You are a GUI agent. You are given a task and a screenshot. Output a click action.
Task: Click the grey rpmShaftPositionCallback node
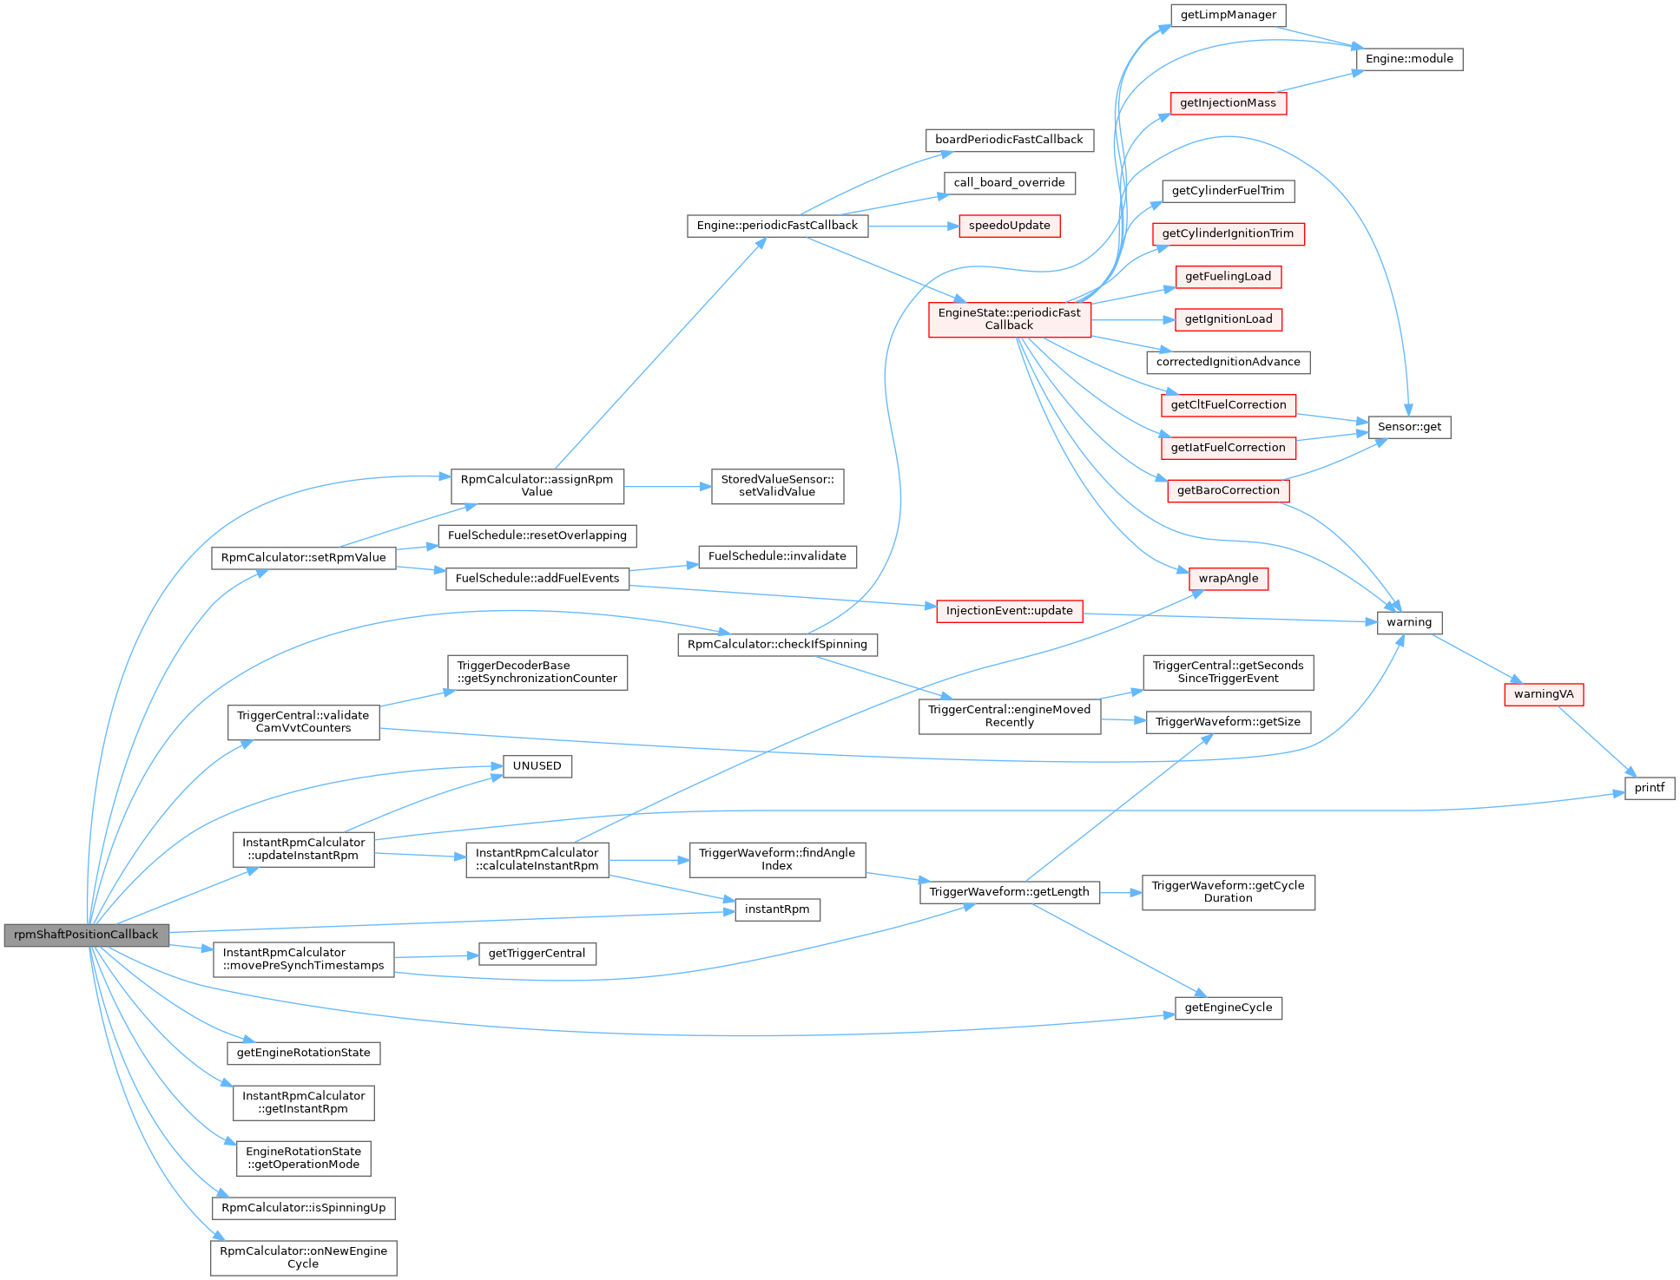click(x=86, y=935)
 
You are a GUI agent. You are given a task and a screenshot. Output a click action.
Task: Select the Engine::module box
click(x=1409, y=59)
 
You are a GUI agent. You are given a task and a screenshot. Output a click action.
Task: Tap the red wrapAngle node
click(x=1228, y=579)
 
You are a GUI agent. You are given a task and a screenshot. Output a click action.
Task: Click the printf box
click(x=1649, y=788)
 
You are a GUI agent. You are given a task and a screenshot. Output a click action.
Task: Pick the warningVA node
click(x=1543, y=694)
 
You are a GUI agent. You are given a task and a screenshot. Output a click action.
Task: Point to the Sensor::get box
click(x=1408, y=427)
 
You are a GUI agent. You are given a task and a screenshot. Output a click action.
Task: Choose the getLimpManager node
click(x=1228, y=15)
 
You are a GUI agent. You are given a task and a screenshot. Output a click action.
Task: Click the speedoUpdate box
click(x=1009, y=226)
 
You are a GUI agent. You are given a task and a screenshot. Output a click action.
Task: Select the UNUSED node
click(x=537, y=766)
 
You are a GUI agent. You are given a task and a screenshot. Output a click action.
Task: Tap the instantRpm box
click(x=777, y=909)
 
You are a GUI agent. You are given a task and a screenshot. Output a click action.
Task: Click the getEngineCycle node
click(x=1228, y=1008)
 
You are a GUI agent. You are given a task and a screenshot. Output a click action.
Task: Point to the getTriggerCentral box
click(x=537, y=954)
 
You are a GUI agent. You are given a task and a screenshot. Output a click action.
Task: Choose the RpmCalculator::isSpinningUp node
click(x=303, y=1208)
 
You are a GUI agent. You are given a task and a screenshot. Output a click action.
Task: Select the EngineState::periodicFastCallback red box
click(x=1009, y=319)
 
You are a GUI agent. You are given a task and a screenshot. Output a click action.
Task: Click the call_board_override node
click(x=1009, y=183)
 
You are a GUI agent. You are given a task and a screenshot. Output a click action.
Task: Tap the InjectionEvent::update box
click(x=1009, y=611)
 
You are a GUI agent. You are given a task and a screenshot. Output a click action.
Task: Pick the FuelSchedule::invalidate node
click(x=777, y=556)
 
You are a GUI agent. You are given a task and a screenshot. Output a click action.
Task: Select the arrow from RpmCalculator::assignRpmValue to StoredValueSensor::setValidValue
click(x=667, y=487)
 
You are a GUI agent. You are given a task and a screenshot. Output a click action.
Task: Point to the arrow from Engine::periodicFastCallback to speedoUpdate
click(x=912, y=226)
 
